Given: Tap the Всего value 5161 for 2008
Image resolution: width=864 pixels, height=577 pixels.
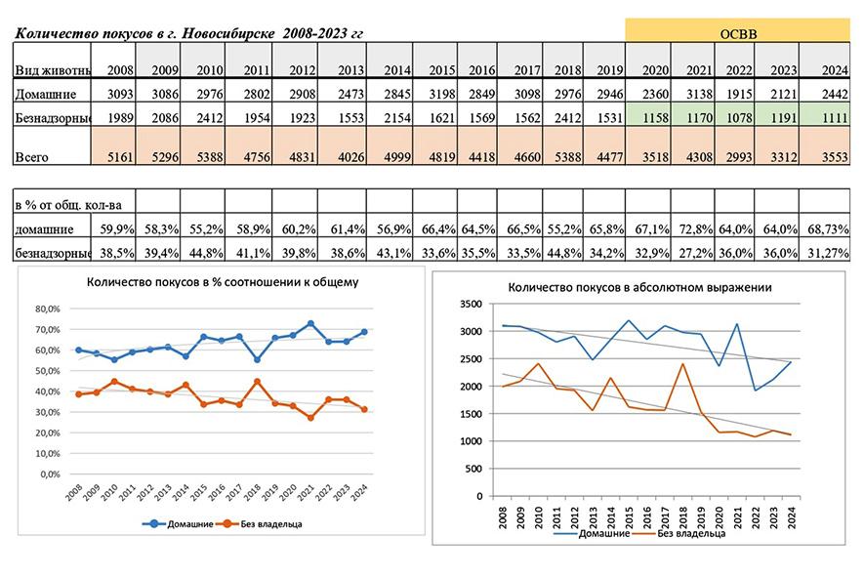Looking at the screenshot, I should point(118,155).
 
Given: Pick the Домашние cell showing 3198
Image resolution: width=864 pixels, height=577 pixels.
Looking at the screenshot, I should point(440,95).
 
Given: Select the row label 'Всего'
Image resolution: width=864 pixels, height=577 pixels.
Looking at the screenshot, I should point(31,155).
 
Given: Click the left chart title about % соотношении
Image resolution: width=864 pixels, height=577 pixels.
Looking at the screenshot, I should point(223,283).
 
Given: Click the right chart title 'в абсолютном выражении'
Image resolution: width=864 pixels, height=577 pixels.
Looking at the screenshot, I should point(639,288).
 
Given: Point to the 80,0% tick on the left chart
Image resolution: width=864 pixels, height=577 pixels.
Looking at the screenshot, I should point(47,307).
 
